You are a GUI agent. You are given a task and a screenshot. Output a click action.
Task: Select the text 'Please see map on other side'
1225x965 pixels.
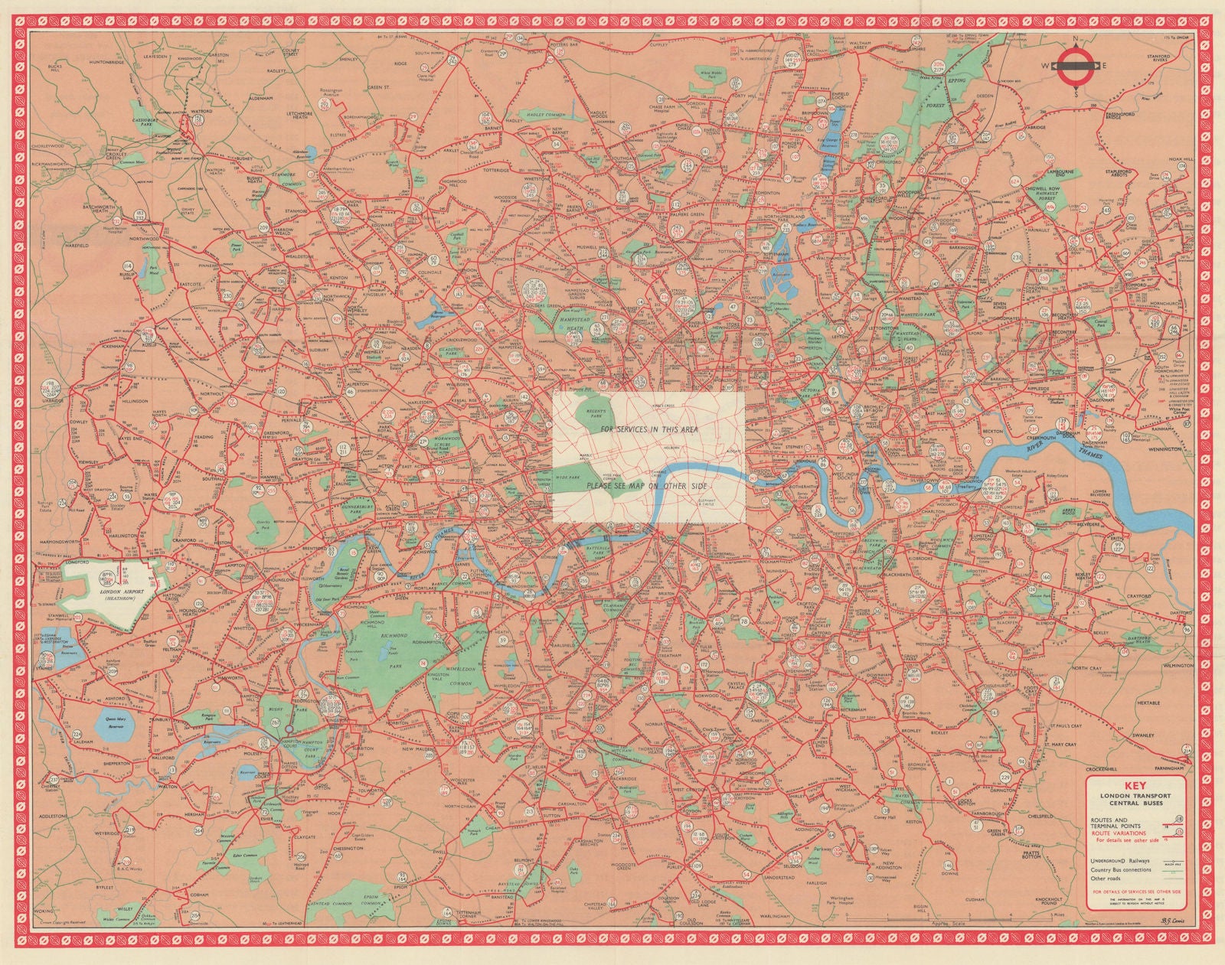647,486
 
